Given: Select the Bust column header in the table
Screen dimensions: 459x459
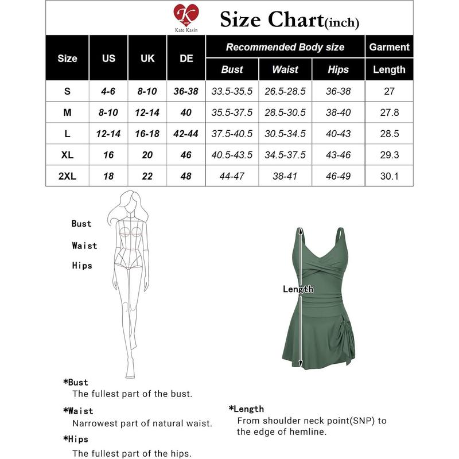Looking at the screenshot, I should pyautogui.click(x=232, y=69).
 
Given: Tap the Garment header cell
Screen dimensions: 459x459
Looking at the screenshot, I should pyautogui.click(x=390, y=47).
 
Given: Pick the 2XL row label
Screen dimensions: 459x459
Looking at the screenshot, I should pyautogui.click(x=68, y=176).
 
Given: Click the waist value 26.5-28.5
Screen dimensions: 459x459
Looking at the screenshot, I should pyautogui.click(x=285, y=91).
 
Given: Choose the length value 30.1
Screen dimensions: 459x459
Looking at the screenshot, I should pyautogui.click(x=390, y=176).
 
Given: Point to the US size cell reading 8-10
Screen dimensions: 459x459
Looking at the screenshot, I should pyautogui.click(x=108, y=113).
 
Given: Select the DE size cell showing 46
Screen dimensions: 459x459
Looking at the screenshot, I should pyautogui.click(x=186, y=155).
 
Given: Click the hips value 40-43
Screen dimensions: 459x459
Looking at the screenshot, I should pyautogui.click(x=339, y=134).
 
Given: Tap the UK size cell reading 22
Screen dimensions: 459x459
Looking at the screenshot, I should pyautogui.click(x=147, y=176).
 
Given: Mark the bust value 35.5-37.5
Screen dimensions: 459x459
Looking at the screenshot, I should pyautogui.click(x=232, y=113).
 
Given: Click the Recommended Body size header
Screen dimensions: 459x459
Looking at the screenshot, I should pyautogui.click(x=285, y=47).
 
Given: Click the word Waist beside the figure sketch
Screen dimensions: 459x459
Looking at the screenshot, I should pyautogui.click(x=84, y=246).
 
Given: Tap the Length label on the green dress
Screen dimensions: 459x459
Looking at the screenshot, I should pyautogui.click(x=298, y=289).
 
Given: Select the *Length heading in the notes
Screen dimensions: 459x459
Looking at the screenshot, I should pyautogui.click(x=246, y=409).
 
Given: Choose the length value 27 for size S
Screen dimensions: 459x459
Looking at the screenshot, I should pyautogui.click(x=390, y=91).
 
